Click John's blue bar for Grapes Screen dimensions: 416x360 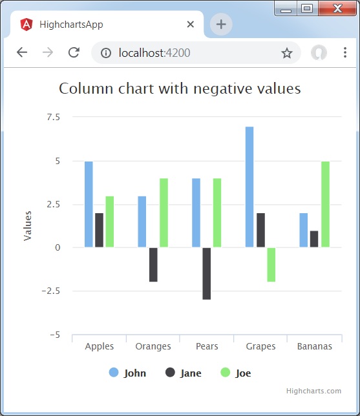pyautogui.click(x=249, y=187)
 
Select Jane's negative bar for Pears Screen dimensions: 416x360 pyautogui.click(x=207, y=273)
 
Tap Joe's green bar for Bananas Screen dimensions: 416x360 pyautogui.click(x=325, y=204)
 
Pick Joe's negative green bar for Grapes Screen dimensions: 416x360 pyautogui.click(x=271, y=264)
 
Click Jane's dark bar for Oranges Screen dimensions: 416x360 pyautogui.click(x=153, y=264)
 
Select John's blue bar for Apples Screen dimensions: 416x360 pyautogui.click(x=89, y=204)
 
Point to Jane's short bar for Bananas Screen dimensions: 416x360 pyautogui.click(x=314, y=239)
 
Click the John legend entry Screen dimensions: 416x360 pyautogui.click(x=128, y=373)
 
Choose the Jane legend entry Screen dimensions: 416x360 pyautogui.click(x=184, y=373)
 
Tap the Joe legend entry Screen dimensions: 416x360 pyautogui.click(x=236, y=373)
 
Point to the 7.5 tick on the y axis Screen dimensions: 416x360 pyautogui.click(x=54, y=117)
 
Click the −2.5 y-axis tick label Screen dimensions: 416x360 pyautogui.click(x=51, y=291)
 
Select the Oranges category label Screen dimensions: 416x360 pyautogui.click(x=153, y=346)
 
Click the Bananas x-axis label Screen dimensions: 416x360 pyautogui.click(x=315, y=346)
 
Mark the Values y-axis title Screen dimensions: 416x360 pyautogui.click(x=28, y=225)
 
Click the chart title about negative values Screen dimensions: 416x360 pyautogui.click(x=180, y=88)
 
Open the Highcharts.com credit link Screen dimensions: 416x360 pyautogui.click(x=313, y=391)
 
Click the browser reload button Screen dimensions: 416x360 pyautogui.click(x=74, y=53)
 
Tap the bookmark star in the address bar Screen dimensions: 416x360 pyautogui.click(x=287, y=53)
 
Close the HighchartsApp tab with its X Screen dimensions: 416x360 pyautogui.click(x=191, y=25)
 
